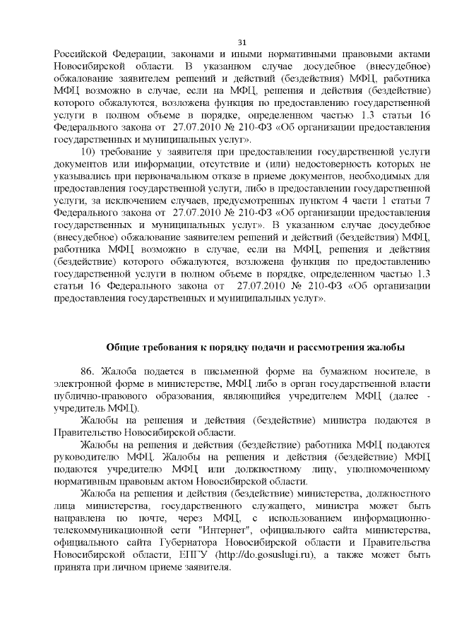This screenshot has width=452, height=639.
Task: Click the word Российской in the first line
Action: click(80, 54)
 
